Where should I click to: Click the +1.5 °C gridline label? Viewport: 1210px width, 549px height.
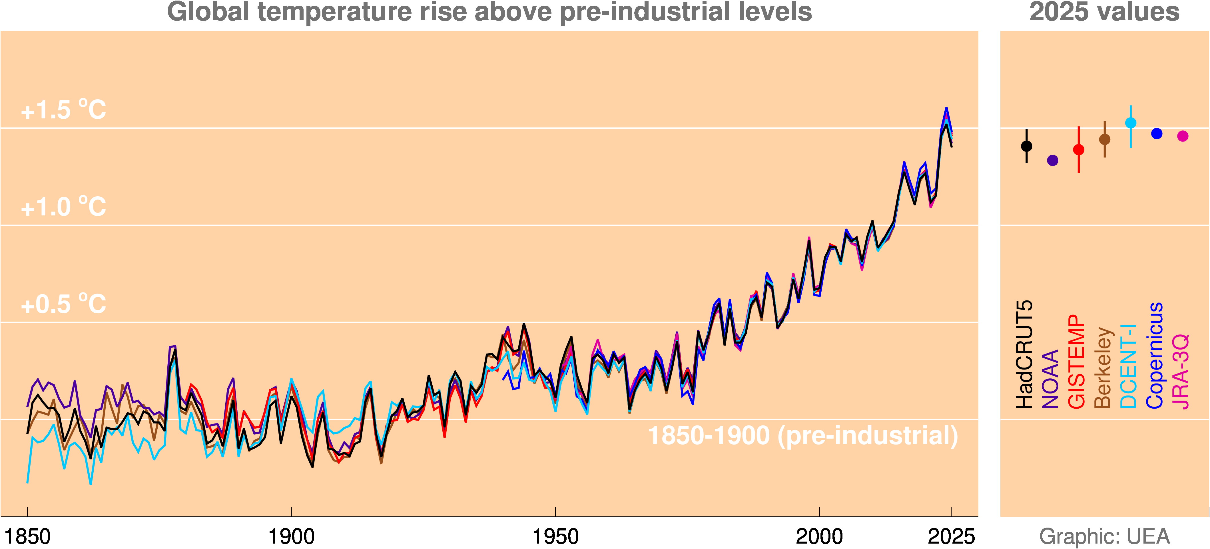coord(63,110)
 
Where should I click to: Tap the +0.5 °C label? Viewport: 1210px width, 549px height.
coord(63,304)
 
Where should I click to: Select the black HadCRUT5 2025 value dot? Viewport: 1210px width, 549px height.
coord(1027,146)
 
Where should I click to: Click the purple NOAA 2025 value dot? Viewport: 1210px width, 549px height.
coord(1053,160)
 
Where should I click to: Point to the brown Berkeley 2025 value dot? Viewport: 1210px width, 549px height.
coord(1105,139)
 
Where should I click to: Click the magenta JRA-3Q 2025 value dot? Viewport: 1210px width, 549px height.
coord(1183,136)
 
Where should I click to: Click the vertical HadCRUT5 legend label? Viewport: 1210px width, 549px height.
coord(1025,354)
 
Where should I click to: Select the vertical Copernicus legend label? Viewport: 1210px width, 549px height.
coord(1155,355)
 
